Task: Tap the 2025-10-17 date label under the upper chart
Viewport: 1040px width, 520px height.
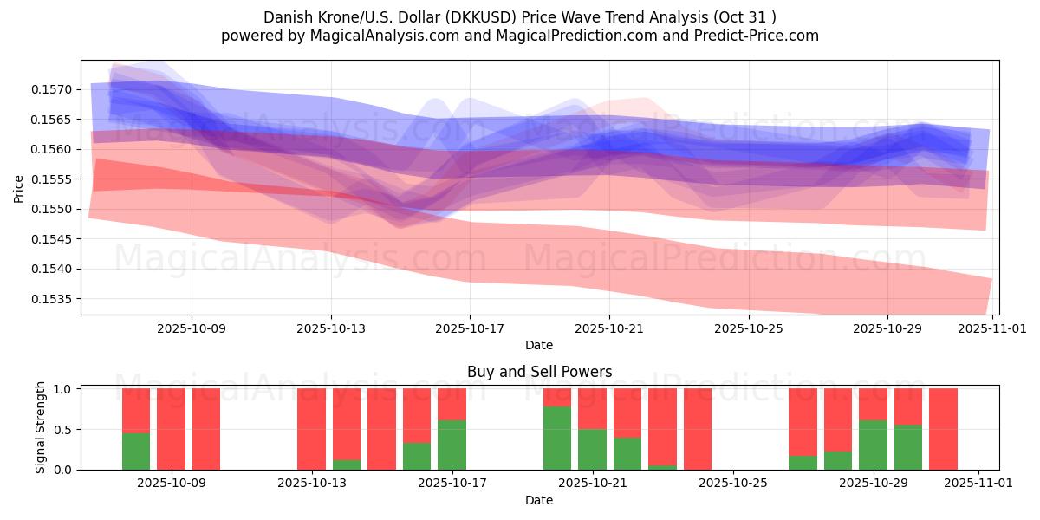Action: [469, 329]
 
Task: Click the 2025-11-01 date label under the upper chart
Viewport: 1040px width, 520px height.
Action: [991, 329]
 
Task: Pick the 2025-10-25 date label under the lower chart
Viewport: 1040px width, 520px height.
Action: [733, 484]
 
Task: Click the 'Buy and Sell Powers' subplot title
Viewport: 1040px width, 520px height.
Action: [539, 372]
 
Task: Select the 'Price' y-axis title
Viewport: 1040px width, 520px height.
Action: [19, 189]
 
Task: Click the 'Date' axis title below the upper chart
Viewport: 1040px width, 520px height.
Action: [539, 345]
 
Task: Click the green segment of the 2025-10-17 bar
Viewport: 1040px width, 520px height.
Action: [452, 445]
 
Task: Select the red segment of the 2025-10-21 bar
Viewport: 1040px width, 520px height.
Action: [592, 408]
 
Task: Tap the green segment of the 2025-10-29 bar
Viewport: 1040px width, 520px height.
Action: [873, 445]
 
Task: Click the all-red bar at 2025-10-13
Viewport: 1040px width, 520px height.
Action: [311, 429]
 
